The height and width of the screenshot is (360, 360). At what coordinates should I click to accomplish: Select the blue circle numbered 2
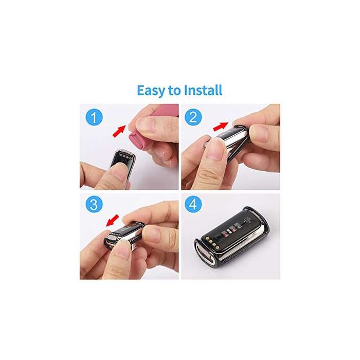194,117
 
